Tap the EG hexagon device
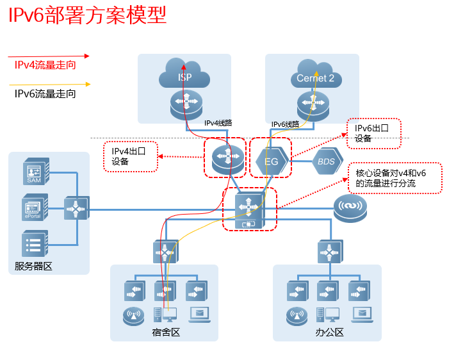coord(272,161)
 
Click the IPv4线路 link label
coord(218,122)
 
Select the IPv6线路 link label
coord(285,124)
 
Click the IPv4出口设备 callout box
coord(131,156)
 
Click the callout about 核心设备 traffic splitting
coord(395,178)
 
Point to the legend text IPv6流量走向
coord(45,94)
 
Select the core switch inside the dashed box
coord(249,209)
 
